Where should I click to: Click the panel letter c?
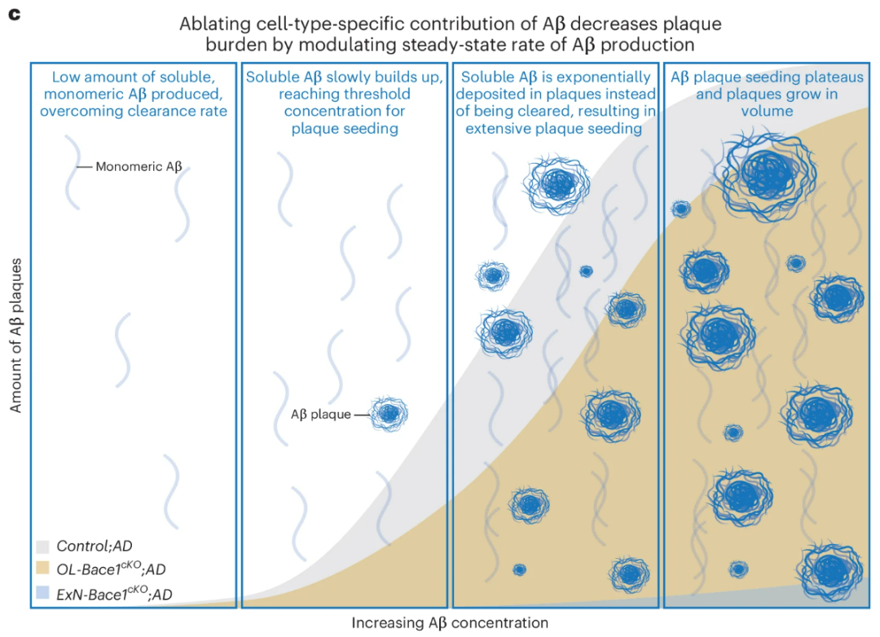point(15,14)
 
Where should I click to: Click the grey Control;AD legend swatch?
point(42,546)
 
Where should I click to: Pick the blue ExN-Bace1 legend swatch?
point(42,593)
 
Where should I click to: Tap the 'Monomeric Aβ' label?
point(139,167)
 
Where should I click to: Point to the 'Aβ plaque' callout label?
point(320,415)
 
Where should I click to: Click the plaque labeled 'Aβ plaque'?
point(389,414)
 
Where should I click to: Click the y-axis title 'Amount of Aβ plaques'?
point(15,336)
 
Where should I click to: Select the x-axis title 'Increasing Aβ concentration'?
point(450,623)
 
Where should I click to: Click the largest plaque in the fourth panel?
point(768,174)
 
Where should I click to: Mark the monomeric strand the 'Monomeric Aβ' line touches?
point(73,172)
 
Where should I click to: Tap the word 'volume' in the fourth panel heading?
point(768,111)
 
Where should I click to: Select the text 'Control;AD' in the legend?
point(95,546)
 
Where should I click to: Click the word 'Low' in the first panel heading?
point(64,77)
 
